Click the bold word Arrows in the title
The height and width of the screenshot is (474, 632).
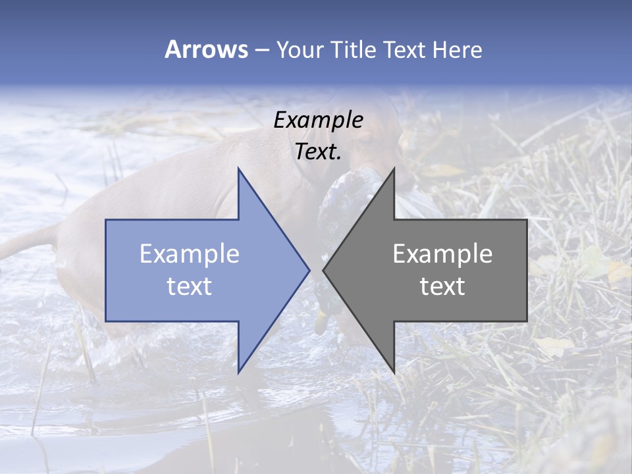point(206,49)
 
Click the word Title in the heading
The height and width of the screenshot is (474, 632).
point(352,49)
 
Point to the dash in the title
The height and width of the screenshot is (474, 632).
point(261,50)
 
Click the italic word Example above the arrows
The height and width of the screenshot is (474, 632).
point(318,120)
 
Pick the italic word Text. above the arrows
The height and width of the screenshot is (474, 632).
point(318,151)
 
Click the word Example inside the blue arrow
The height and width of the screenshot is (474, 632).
point(190,254)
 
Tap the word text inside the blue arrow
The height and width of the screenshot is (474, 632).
point(190,286)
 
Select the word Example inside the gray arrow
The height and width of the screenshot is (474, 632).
point(442,254)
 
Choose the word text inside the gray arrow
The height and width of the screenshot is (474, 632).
point(442,286)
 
